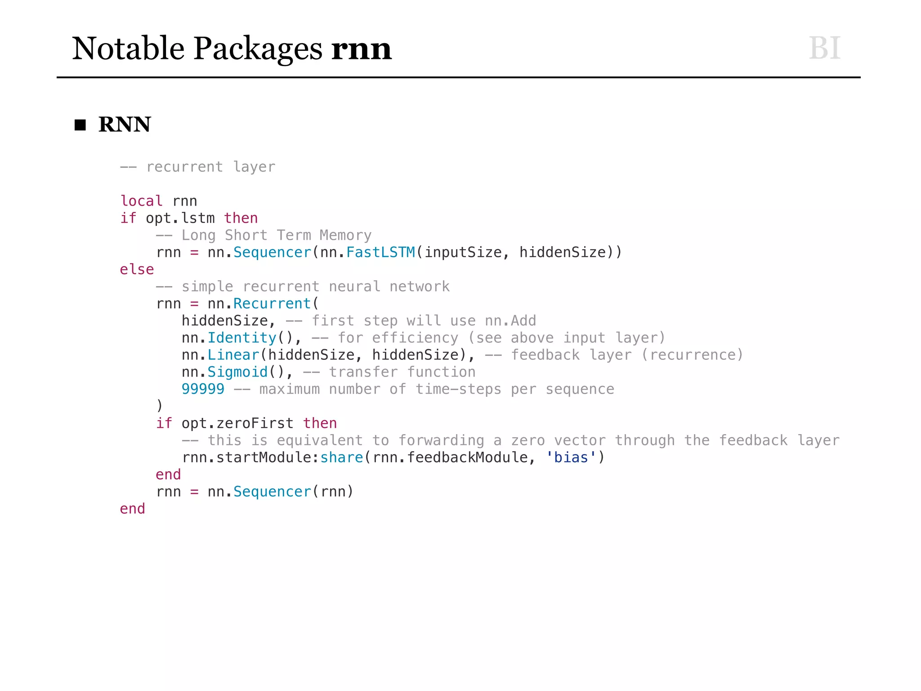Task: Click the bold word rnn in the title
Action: [x=361, y=49]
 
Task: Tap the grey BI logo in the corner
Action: [x=824, y=48]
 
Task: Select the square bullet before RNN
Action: [x=80, y=125]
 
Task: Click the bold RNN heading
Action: [x=125, y=124]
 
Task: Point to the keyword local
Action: [x=141, y=201]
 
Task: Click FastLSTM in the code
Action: [x=380, y=252]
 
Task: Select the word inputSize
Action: [x=463, y=252]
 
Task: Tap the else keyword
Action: [x=137, y=269]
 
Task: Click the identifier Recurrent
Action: [x=272, y=303]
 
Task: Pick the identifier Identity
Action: [x=242, y=337]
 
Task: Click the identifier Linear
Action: [x=233, y=354]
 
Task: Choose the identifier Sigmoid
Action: [x=237, y=372]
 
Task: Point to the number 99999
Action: [x=203, y=389]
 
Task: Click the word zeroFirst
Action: [x=255, y=423]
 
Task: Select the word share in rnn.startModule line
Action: [x=341, y=457]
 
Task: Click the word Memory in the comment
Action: [x=345, y=235]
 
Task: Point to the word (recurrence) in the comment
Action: [x=692, y=354]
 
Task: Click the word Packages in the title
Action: [x=258, y=49]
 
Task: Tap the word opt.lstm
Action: [x=180, y=218]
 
